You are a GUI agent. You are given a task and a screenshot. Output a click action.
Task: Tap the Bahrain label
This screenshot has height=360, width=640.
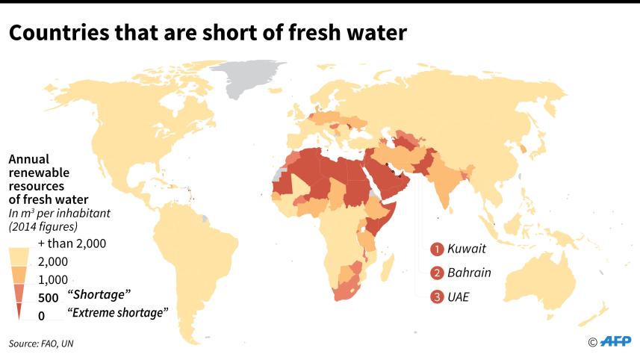(470, 272)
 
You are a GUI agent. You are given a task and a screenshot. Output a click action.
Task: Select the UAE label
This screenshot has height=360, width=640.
(460, 297)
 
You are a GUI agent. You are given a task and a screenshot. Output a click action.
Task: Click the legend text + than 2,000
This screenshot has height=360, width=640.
(72, 243)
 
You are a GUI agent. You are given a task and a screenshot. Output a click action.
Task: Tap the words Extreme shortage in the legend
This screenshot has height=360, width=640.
(119, 313)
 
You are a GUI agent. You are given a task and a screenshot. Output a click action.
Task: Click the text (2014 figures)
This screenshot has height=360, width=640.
(43, 226)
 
